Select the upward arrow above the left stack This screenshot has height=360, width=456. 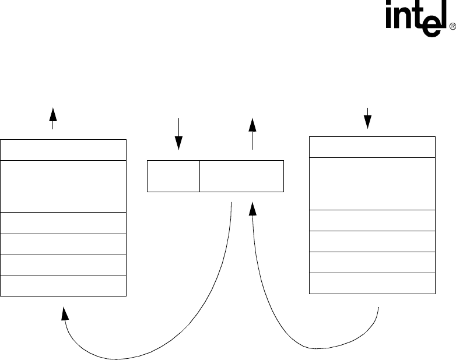53,118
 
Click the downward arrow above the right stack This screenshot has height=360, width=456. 367,118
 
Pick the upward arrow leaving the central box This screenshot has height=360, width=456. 252,133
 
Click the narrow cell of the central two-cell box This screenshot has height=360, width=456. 173,176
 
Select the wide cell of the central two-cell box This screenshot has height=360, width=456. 241,176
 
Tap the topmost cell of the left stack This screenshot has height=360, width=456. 64,150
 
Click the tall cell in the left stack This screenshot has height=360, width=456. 64,186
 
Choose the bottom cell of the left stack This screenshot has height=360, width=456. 64,286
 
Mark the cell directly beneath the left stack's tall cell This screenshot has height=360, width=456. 64,223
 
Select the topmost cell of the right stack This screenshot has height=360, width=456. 372,147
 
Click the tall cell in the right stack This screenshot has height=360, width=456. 372,183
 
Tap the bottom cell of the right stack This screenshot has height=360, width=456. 372,283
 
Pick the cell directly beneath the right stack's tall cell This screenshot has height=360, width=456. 372,220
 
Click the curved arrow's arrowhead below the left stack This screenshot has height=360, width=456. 65,313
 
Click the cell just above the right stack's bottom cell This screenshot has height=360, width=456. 372,262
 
